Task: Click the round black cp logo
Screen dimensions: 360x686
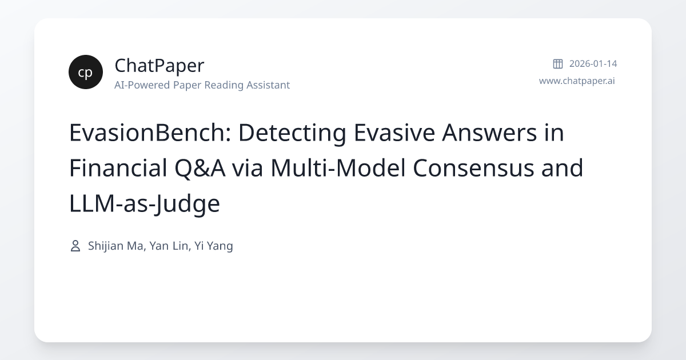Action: (x=86, y=72)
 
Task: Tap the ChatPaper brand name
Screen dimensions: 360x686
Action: (x=159, y=66)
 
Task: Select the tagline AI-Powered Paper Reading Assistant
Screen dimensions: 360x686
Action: (x=202, y=85)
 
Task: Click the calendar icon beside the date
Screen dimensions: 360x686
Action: (x=557, y=63)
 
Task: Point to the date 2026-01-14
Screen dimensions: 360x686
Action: (x=593, y=63)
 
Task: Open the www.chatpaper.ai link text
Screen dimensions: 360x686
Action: (x=577, y=81)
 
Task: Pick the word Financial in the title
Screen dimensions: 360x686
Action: (x=119, y=169)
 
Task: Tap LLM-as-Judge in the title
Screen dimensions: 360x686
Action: (x=144, y=204)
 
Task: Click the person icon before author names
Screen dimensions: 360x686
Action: (x=75, y=246)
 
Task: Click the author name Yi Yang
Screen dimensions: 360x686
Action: (x=214, y=246)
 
